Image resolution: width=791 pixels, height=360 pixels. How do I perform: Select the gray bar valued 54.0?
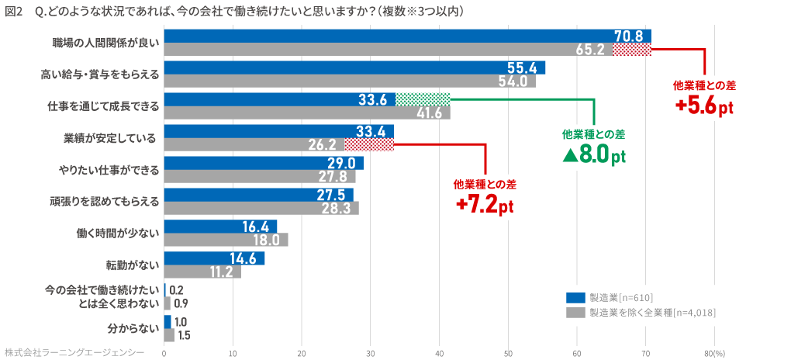(x=349, y=81)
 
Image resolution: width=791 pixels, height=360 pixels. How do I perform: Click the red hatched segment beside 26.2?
(x=368, y=144)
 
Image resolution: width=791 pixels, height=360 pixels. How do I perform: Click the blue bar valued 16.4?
(x=220, y=227)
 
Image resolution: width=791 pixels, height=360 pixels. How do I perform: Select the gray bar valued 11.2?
(x=202, y=272)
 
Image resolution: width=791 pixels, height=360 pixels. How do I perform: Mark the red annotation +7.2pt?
(x=485, y=206)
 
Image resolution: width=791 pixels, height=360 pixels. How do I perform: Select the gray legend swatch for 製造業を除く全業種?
(x=575, y=313)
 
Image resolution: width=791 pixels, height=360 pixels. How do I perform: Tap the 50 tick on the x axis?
(x=508, y=353)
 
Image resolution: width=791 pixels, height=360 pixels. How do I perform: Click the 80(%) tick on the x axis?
(x=714, y=353)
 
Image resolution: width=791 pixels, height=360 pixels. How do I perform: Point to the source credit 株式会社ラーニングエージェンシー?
(x=74, y=352)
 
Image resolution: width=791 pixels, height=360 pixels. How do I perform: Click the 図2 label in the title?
(x=14, y=11)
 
